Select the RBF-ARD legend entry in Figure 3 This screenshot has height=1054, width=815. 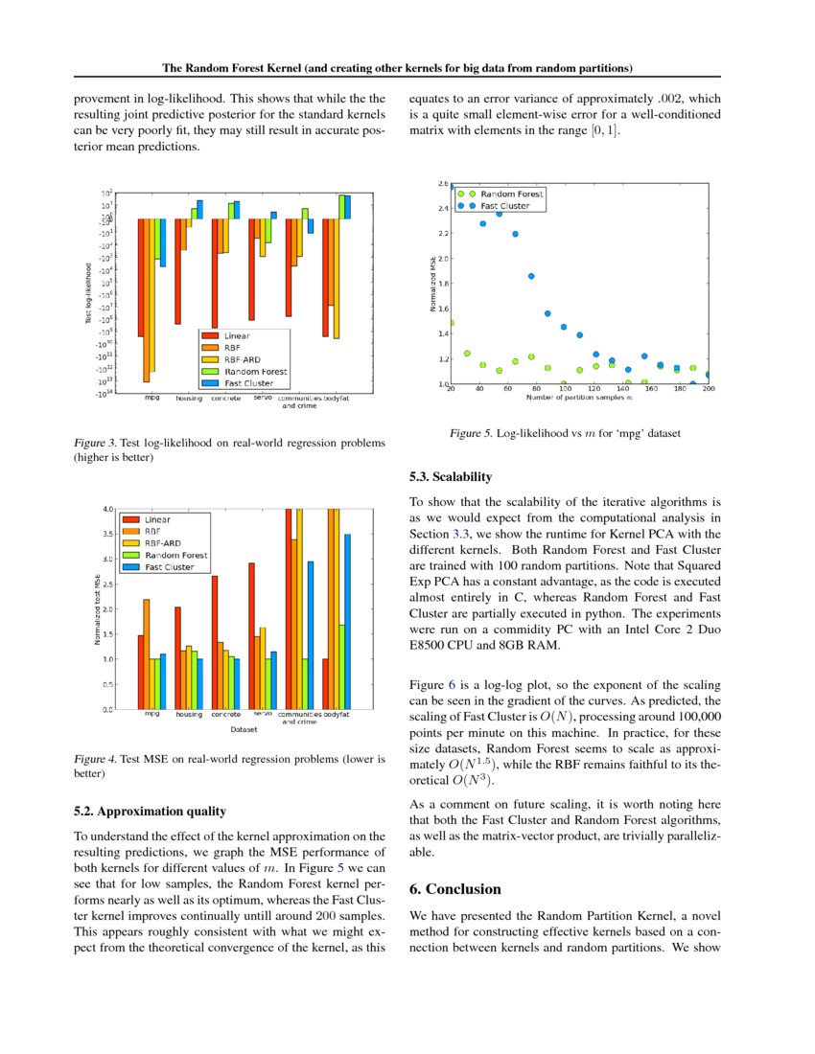pos(243,358)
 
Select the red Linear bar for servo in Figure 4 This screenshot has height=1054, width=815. pos(252,635)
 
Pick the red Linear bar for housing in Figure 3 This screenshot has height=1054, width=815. pos(178,271)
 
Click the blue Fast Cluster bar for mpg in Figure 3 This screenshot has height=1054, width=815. pos(163,242)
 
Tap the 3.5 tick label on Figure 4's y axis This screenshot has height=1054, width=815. pos(109,534)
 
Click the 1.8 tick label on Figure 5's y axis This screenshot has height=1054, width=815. pos(442,284)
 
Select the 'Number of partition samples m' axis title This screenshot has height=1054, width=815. pos(579,398)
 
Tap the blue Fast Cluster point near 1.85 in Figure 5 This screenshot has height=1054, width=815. pos(531,276)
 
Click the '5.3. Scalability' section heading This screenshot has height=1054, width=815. pos(450,475)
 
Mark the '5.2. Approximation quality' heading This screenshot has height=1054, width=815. pos(150,811)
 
